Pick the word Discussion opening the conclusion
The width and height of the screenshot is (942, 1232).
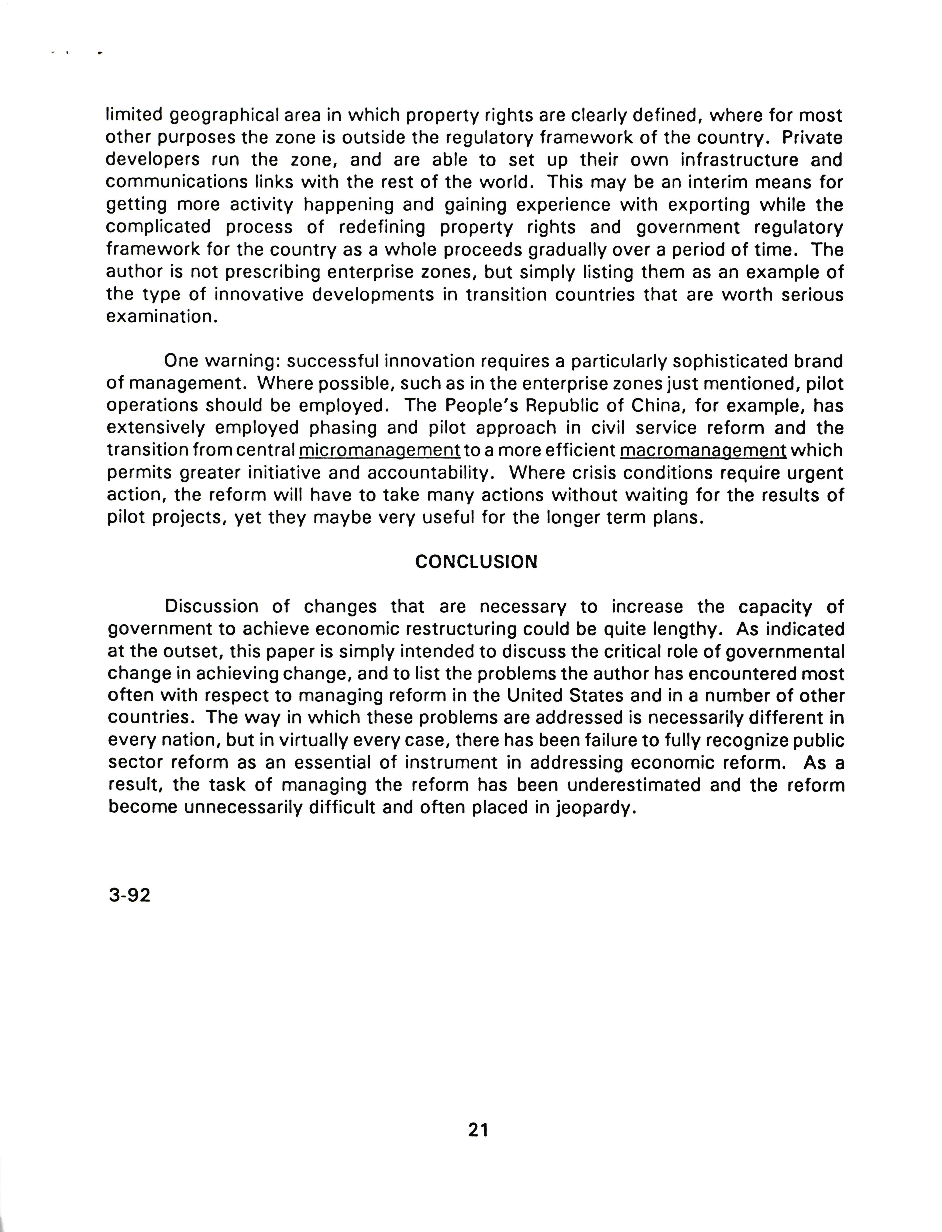pos(211,607)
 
